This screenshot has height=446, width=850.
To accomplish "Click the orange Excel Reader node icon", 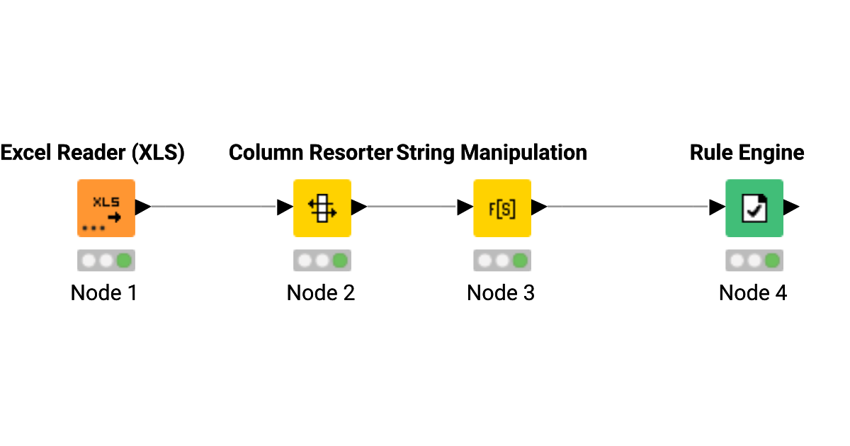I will click(x=106, y=207).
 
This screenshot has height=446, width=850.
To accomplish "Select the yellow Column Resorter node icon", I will click(x=322, y=207).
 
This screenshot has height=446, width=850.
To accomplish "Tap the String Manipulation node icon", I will click(x=502, y=207).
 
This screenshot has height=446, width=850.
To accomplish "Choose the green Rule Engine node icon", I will click(x=754, y=207).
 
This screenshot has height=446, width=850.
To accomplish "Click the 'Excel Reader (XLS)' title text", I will click(x=93, y=153).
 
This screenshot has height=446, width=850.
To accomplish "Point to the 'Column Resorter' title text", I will click(x=310, y=153).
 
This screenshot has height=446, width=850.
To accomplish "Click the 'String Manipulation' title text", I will click(x=492, y=153).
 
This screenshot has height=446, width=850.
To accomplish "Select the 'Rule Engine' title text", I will click(x=747, y=153).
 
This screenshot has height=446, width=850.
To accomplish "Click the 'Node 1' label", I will click(x=103, y=293).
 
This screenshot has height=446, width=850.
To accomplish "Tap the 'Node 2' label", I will click(x=320, y=293).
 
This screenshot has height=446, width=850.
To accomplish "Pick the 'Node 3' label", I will click(x=501, y=293).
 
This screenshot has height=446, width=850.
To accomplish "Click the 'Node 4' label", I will click(x=752, y=293).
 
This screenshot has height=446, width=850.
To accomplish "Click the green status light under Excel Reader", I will click(x=125, y=261).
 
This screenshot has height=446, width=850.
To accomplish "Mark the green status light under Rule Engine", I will click(x=772, y=261).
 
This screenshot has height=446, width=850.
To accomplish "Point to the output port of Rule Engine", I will click(x=791, y=207).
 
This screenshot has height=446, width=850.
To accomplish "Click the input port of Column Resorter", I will click(x=285, y=207).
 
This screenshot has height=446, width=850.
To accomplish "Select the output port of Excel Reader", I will click(x=143, y=207).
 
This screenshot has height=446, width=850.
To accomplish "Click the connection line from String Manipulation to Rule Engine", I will click(x=627, y=207).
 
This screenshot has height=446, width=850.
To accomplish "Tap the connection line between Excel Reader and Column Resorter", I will click(x=212, y=207).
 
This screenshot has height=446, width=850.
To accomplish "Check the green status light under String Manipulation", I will click(x=521, y=261).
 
